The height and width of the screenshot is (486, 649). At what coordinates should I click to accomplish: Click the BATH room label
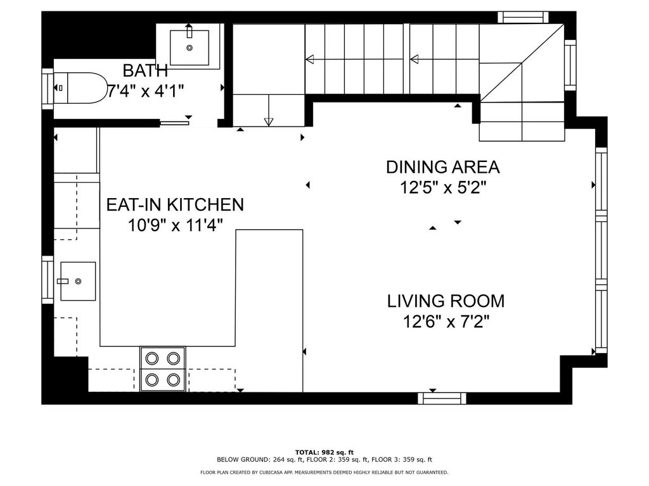[145, 70]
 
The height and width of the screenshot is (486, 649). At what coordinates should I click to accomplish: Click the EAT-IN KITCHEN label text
[174, 204]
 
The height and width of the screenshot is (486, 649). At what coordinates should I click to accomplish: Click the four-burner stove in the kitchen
[162, 369]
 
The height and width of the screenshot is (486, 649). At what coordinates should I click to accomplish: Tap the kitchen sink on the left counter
[77, 280]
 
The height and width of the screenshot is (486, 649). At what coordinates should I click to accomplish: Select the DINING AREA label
[443, 167]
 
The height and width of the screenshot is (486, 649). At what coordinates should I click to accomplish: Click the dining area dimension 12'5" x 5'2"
[443, 187]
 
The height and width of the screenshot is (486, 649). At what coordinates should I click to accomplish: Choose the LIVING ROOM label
[446, 301]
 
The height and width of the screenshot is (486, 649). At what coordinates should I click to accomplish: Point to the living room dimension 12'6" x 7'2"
[446, 321]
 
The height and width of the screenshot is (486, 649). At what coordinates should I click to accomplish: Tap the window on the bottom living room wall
[442, 398]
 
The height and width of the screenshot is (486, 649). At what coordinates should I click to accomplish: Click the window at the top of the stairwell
[522, 17]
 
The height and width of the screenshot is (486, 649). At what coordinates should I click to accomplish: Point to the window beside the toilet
[48, 87]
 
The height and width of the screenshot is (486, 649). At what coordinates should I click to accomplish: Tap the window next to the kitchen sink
[48, 280]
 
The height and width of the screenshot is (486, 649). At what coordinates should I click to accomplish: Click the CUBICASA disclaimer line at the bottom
[324, 472]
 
